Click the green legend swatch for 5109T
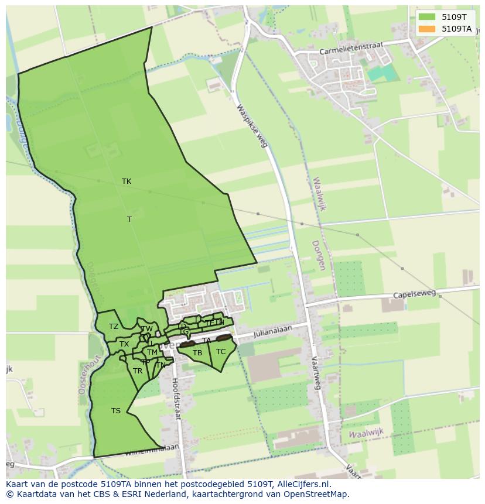point(427,17)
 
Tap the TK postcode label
point(127,181)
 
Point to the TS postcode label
point(116,411)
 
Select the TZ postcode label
point(114,327)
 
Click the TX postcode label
point(124,344)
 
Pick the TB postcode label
point(197,353)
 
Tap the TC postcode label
point(221,352)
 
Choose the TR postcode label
point(138,371)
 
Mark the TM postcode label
point(152,352)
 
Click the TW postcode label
point(147,329)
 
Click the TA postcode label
point(206,341)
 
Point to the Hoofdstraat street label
point(176,398)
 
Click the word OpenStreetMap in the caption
point(315,494)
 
